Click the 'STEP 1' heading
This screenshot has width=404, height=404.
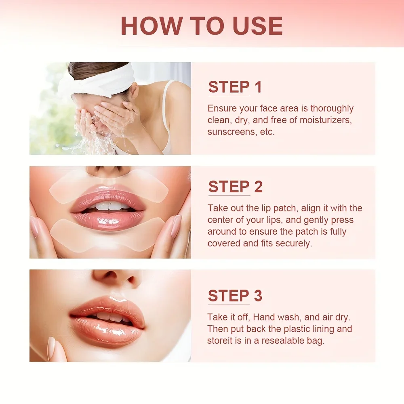(235, 87)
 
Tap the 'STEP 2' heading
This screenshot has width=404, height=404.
(235, 187)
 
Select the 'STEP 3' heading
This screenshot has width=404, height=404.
(235, 296)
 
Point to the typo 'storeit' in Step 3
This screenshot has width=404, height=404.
(222, 341)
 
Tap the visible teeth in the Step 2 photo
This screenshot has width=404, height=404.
(107, 206)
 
